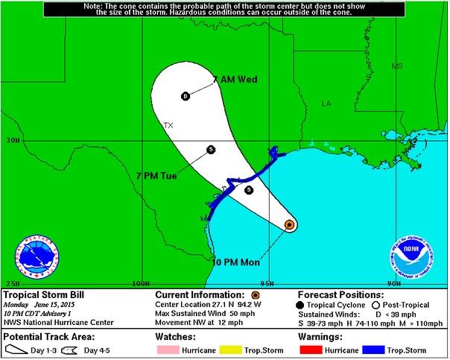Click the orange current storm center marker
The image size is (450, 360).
click(290, 224)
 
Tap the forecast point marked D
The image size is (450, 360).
click(186, 96)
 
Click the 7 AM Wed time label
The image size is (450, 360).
click(235, 80)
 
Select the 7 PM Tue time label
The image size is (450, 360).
click(177, 175)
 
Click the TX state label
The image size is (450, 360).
click(168, 126)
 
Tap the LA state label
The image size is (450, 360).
click(326, 104)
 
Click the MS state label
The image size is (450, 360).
click(397, 67)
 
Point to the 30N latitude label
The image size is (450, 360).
click(11, 140)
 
